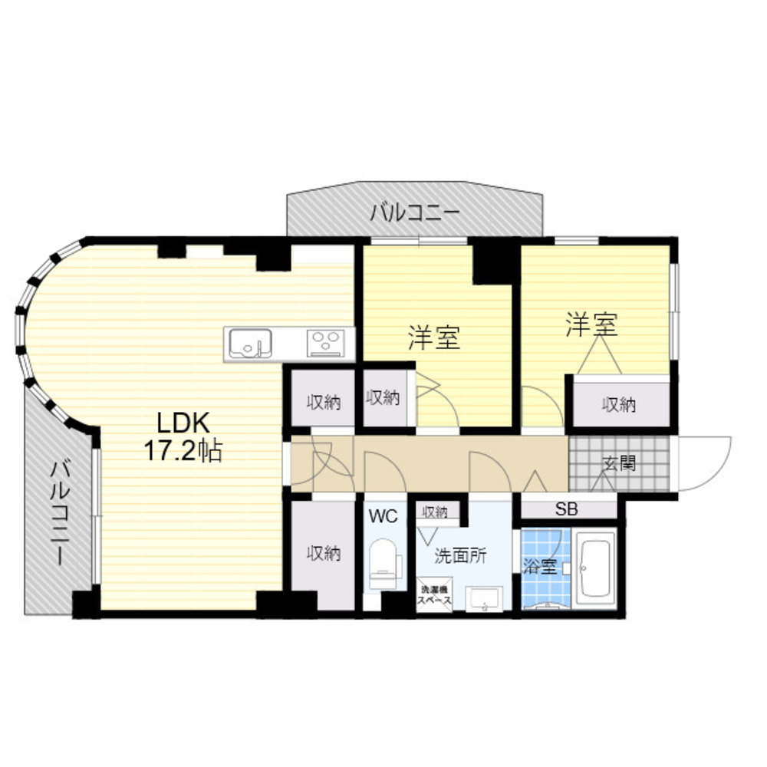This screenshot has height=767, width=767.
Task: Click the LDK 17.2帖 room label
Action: click(x=183, y=436)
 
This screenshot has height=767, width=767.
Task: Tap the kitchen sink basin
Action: click(x=250, y=344)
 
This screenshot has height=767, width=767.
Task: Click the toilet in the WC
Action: click(x=384, y=564)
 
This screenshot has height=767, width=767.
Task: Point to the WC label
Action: click(x=383, y=515)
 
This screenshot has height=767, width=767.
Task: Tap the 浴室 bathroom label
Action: click(x=540, y=567)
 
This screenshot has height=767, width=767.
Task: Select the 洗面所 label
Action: click(x=460, y=555)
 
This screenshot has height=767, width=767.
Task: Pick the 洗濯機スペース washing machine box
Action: click(x=434, y=594)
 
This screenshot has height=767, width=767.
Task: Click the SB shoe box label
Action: click(x=567, y=510)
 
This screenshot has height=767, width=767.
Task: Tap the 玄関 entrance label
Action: click(x=619, y=463)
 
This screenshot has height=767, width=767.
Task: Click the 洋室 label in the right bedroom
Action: click(x=592, y=324)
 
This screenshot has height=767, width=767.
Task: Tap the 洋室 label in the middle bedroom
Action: click(x=434, y=337)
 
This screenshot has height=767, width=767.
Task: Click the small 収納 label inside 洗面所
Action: click(x=434, y=512)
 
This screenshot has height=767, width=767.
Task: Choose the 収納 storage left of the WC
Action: click(x=324, y=555)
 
